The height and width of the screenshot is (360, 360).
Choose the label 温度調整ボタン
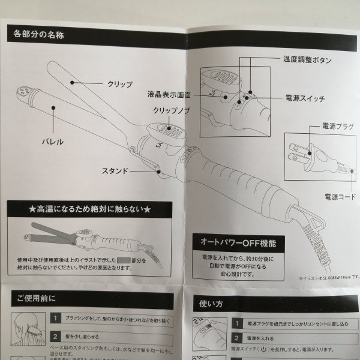click(306, 60)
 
